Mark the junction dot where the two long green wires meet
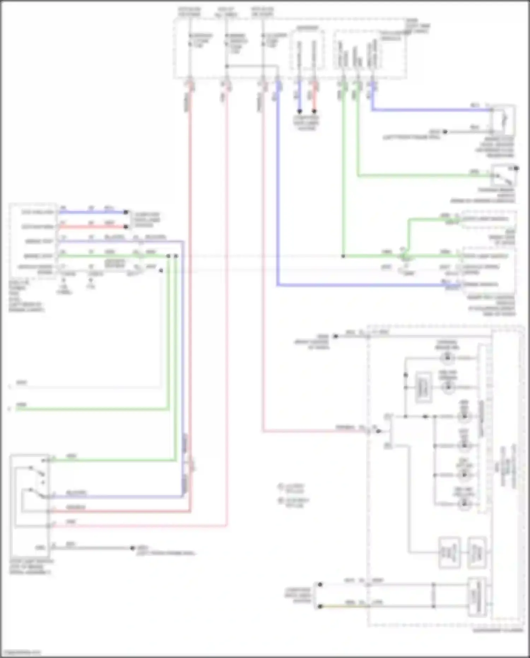pos(343,256)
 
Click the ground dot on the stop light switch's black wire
pos(132,548)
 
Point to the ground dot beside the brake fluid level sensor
pos(445,132)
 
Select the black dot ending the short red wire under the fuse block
pos(314,111)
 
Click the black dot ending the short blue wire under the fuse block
pos(300,111)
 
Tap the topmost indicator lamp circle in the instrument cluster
pos(448,358)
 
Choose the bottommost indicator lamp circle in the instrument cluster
pos(464,504)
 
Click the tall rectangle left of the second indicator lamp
pos(423,387)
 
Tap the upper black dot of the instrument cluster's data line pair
pos(320,584)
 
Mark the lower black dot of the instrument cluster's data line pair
pos(320,606)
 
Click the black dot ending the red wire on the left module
pos(125,227)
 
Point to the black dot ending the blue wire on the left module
pos(125,212)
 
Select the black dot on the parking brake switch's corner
pos(516,168)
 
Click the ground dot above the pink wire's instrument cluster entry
pos(336,336)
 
